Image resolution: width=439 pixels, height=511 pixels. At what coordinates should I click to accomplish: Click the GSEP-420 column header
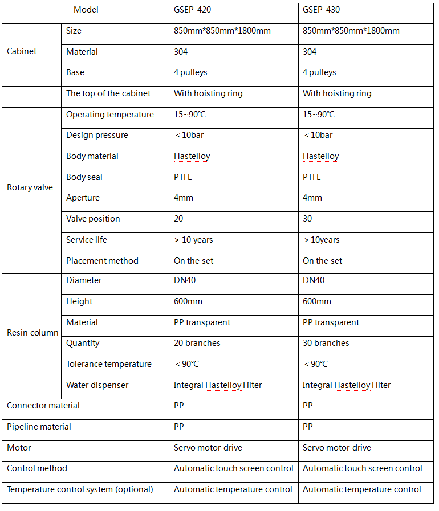pyautogui.click(x=196, y=10)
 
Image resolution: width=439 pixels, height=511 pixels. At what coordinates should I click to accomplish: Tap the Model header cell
pyautogui.click(x=86, y=10)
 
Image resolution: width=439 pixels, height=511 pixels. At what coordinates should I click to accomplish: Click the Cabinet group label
pyautogui.click(x=22, y=51)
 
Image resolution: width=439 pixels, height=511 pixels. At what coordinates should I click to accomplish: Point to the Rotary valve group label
pyautogui.click(x=30, y=187)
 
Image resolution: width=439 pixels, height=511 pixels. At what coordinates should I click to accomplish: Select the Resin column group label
pyautogui.click(x=32, y=333)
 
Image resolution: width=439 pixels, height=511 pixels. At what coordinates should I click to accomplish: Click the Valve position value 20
pyautogui.click(x=179, y=219)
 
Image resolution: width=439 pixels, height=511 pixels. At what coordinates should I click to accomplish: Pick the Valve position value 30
pyautogui.click(x=308, y=219)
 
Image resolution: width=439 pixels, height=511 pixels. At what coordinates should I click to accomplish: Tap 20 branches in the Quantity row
pyautogui.click(x=197, y=343)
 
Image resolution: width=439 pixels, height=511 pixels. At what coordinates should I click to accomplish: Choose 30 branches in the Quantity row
pyautogui.click(x=326, y=343)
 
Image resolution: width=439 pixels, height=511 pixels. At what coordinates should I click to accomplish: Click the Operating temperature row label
pyautogui.click(x=110, y=115)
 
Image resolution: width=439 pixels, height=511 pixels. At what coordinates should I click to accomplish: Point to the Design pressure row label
pyautogui.click(x=97, y=135)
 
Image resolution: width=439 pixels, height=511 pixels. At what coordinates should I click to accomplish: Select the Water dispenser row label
pyautogui.click(x=97, y=385)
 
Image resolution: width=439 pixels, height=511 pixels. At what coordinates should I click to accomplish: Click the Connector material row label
pyautogui.click(x=43, y=406)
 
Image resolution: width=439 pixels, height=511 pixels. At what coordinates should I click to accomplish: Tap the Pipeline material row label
pyautogui.click(x=39, y=427)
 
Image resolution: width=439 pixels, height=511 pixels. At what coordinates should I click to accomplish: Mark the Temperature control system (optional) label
pyautogui.click(x=80, y=489)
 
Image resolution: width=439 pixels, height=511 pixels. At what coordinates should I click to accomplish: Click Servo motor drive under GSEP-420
pyautogui.click(x=208, y=448)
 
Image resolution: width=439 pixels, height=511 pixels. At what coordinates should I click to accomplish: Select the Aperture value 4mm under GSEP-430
pyautogui.click(x=312, y=198)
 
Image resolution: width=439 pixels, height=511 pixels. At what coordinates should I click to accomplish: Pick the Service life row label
pyautogui.click(x=87, y=240)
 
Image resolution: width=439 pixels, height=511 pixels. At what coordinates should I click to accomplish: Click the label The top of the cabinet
pyautogui.click(x=108, y=93)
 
